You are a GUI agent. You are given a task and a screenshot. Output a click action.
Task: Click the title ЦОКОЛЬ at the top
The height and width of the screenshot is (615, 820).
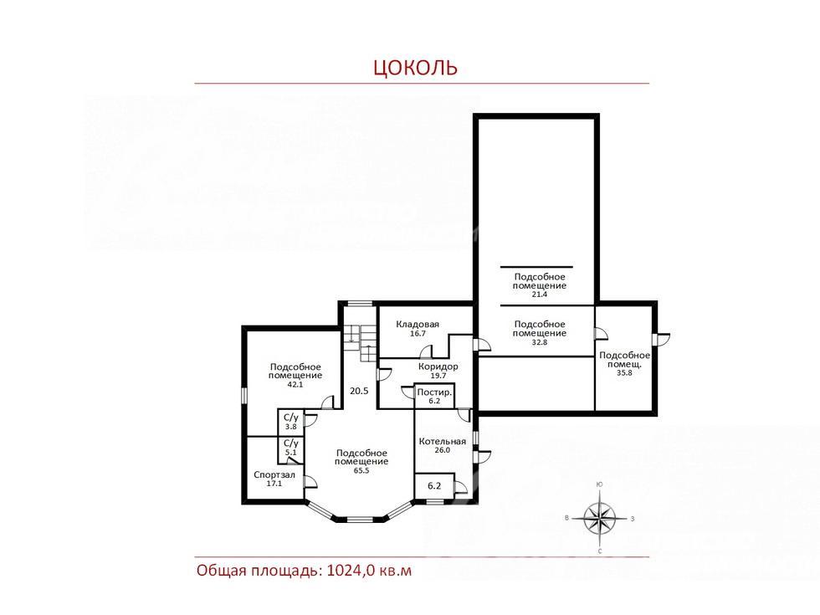point(415,68)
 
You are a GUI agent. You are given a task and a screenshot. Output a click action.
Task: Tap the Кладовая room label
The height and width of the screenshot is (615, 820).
point(418,325)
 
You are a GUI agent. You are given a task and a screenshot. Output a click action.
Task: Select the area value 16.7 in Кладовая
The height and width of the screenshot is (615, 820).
point(418,333)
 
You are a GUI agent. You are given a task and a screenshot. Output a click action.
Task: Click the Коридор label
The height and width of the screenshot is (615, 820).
point(438,366)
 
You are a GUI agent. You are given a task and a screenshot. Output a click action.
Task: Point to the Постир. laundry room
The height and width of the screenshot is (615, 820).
point(434,396)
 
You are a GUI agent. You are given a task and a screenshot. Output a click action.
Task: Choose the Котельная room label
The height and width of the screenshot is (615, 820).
point(442,442)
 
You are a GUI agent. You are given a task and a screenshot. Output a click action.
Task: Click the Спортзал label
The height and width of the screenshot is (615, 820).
point(274,475)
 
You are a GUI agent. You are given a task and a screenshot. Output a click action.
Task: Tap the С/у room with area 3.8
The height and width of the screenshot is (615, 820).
point(291,422)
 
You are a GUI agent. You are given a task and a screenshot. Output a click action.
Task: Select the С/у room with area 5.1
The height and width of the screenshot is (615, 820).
point(291,449)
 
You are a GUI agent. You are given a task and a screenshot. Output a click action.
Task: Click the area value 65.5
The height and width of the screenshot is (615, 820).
point(361,470)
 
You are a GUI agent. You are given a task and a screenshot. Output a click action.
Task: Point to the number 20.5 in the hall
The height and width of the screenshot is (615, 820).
point(359,391)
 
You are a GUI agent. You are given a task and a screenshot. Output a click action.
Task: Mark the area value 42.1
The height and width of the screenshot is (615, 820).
point(295,384)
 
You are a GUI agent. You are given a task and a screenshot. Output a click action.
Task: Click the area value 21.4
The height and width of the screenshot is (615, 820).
point(539,295)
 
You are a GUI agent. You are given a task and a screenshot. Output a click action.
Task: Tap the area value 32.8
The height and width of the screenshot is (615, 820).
point(539,342)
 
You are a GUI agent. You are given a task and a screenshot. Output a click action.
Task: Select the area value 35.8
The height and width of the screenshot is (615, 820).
point(624,373)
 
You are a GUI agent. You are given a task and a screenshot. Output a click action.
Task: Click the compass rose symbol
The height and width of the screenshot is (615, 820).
point(600,518)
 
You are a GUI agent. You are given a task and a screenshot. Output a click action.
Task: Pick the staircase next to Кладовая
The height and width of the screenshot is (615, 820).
point(360,342)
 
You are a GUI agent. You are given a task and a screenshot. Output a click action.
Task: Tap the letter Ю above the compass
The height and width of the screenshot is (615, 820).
point(599,484)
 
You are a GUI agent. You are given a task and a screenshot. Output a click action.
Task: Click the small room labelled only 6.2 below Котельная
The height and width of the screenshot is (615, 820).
point(434,486)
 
